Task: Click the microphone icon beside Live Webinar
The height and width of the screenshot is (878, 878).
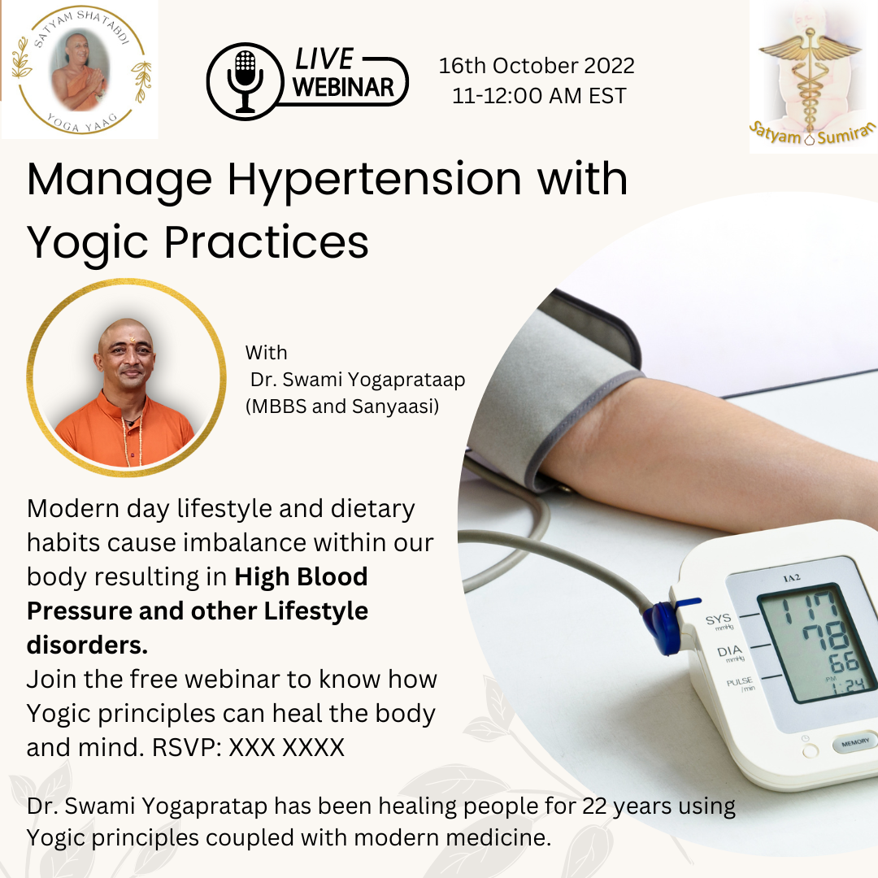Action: (245, 82)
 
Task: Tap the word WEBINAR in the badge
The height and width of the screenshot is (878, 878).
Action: (343, 87)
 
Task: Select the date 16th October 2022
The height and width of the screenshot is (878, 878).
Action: (537, 66)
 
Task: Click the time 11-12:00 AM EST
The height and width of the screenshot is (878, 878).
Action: (539, 96)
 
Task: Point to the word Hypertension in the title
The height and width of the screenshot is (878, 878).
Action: (374, 180)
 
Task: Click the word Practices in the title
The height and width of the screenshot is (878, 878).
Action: (266, 242)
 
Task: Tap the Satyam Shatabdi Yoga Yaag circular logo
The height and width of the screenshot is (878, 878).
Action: (80, 69)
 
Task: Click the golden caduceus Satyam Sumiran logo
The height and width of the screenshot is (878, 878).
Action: (811, 76)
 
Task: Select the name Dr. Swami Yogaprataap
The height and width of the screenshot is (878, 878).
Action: (357, 380)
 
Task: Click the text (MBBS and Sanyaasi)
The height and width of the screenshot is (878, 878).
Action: (342, 406)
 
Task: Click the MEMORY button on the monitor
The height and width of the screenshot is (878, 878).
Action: (855, 743)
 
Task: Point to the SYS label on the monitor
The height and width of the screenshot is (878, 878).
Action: (719, 619)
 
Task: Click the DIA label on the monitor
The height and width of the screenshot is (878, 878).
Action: (729, 651)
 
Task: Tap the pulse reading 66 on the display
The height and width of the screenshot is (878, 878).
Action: (844, 663)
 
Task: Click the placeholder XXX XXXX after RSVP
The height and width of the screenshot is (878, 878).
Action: (287, 748)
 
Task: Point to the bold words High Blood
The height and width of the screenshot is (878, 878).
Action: (301, 576)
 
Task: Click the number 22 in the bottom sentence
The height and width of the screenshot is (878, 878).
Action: (594, 806)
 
